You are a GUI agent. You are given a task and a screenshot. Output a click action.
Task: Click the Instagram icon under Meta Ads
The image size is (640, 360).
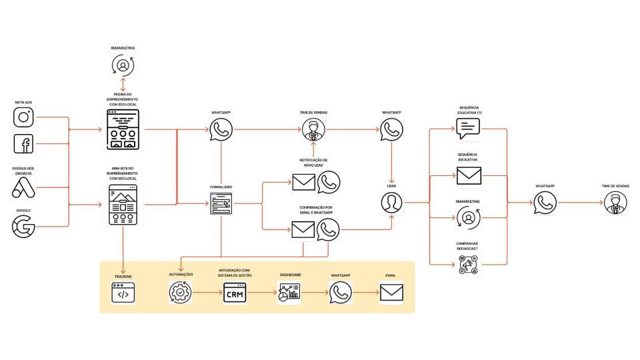coord(23,117)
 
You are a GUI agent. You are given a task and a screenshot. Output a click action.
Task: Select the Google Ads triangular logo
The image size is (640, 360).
coord(23,188)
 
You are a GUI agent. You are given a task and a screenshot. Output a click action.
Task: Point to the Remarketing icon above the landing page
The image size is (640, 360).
coord(123,65)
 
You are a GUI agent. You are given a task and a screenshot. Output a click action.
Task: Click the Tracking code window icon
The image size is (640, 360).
coord(123,293)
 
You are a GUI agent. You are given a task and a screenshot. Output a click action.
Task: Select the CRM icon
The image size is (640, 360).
coord(235,293)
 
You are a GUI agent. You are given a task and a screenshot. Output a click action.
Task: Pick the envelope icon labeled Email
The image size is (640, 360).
coord(391,293)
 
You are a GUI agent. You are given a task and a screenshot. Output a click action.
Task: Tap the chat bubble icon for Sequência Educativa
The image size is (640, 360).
coord(469,128)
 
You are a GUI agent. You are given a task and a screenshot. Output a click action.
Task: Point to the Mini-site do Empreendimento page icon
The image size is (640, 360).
coord(123,205)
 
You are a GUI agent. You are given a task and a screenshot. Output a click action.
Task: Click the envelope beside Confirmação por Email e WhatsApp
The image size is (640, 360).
coord(304,230)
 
